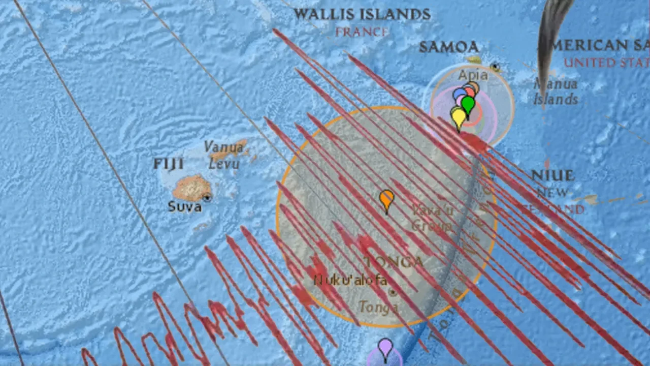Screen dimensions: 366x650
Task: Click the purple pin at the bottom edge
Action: pyautogui.click(x=385, y=349)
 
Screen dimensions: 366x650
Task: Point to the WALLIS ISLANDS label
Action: pyautogui.click(x=362, y=14)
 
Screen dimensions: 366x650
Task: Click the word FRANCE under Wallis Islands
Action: pyautogui.click(x=362, y=33)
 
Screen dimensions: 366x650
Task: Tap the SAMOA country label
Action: pyautogui.click(x=448, y=47)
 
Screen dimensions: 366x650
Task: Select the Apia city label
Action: pyautogui.click(x=473, y=75)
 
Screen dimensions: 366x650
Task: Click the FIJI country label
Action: pyautogui.click(x=169, y=164)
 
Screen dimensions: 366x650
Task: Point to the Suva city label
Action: pyautogui.click(x=185, y=207)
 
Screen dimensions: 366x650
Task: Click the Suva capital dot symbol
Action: pyautogui.click(x=207, y=198)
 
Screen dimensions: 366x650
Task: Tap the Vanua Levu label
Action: pyautogui.click(x=224, y=155)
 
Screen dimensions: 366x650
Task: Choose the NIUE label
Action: pyautogui.click(x=553, y=176)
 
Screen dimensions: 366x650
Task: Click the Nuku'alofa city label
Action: pyautogui.click(x=350, y=280)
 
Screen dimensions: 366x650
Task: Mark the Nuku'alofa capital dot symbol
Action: pyautogui.click(x=392, y=292)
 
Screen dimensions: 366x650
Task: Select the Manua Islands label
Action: pyautogui.click(x=556, y=91)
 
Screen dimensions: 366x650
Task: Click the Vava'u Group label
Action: pyautogui.click(x=432, y=218)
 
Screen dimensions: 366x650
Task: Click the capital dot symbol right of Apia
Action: pyautogui.click(x=495, y=67)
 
